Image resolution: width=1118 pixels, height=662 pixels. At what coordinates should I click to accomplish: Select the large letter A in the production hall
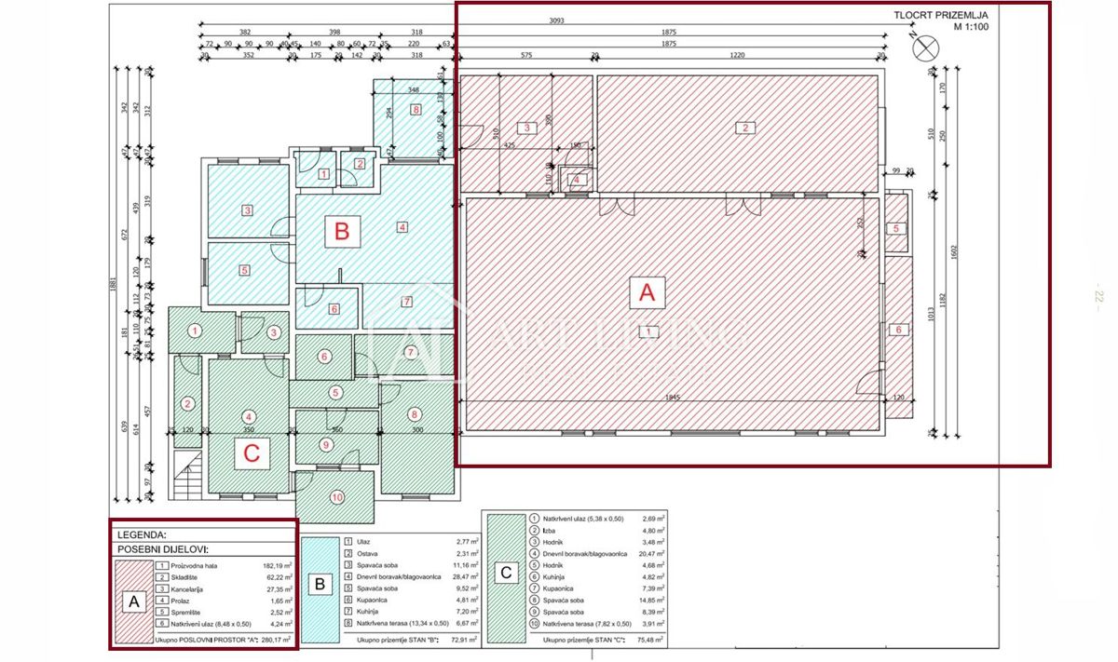coord(647,294)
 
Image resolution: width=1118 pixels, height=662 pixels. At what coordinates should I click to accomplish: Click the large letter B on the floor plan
coord(342,232)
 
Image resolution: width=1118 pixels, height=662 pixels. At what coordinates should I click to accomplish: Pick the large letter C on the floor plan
coord(251,454)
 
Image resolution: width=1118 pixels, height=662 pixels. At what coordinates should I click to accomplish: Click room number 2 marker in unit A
coord(744,128)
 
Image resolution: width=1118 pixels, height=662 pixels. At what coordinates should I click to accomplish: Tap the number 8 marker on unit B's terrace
coord(416,110)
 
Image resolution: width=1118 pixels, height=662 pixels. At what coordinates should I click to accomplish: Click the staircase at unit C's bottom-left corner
coord(187,478)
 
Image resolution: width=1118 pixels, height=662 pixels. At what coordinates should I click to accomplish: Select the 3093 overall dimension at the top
coord(557,20)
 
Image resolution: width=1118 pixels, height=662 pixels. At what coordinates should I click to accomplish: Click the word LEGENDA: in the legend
coord(142,535)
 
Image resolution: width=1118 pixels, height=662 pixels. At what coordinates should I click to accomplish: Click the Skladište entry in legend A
coord(189,577)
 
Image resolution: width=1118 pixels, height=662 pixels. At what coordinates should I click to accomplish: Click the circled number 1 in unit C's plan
coord(195,331)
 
